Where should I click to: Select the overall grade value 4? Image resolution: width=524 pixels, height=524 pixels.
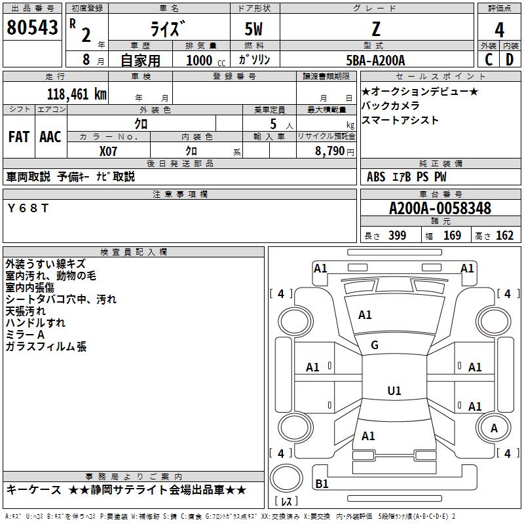(500, 29)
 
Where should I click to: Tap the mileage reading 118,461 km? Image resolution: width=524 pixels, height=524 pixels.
(77, 94)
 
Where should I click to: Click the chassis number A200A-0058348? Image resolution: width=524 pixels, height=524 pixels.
(440, 209)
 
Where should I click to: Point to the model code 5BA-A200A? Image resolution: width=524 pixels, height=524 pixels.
(375, 60)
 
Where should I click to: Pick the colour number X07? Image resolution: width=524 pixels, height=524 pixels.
(109, 151)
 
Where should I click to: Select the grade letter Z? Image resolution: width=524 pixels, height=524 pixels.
(376, 29)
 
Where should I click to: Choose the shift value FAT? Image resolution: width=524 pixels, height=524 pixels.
(18, 137)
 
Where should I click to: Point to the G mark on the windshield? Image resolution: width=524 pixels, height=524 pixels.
(375, 345)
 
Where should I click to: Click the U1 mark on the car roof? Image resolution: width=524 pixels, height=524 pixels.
(394, 391)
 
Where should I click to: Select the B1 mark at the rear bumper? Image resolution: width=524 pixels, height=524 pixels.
(322, 484)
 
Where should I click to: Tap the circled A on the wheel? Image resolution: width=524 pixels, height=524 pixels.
(494, 428)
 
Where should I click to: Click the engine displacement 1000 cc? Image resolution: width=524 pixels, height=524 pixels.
(204, 60)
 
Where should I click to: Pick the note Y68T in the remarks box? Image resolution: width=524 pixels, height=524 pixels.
(28, 208)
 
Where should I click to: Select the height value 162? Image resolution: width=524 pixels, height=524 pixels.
(504, 236)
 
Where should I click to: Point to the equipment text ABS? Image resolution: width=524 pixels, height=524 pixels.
(376, 177)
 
